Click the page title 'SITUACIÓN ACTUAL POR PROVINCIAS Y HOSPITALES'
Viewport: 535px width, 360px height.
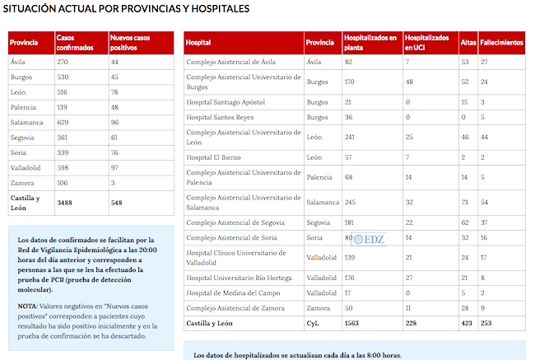(x=127, y=9)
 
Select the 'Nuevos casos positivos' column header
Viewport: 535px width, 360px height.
(x=131, y=43)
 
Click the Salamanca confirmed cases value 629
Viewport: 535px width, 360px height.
(x=63, y=122)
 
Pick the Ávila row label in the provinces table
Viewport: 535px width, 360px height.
(x=18, y=62)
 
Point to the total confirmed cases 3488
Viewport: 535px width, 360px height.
(x=65, y=202)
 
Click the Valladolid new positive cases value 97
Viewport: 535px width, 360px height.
(x=115, y=166)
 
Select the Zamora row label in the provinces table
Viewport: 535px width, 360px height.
(x=21, y=181)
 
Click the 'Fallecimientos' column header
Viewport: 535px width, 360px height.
(x=501, y=42)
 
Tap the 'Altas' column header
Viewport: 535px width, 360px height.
(x=468, y=42)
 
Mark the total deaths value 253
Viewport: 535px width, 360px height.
(x=487, y=324)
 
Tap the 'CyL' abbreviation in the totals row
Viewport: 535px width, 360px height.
(x=313, y=324)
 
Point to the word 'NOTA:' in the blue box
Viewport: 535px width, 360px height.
(x=29, y=305)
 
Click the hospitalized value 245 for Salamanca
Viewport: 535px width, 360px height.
(x=350, y=202)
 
